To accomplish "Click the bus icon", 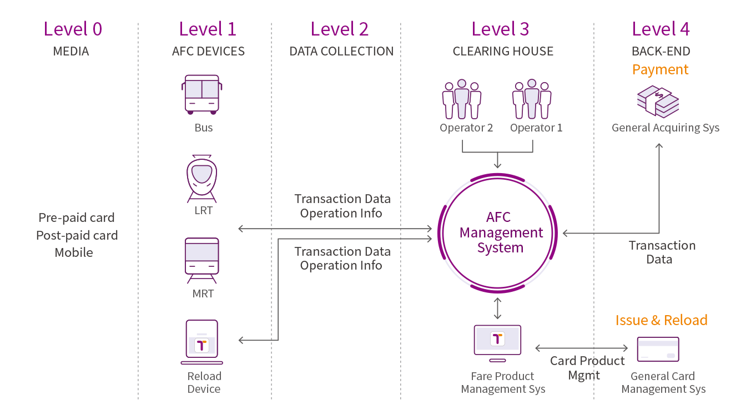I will click(202, 94).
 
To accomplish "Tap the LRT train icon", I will click(202, 178).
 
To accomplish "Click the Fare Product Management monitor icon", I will click(497, 340).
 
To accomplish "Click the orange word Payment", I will click(661, 70).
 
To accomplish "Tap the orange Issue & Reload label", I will click(661, 320).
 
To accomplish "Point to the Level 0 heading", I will click(73, 29).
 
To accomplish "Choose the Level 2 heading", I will click(340, 29).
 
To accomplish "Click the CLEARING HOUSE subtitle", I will click(503, 52).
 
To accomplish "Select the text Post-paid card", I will click(77, 235).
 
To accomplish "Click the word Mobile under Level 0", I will click(74, 252).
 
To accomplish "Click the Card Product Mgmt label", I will click(587, 368).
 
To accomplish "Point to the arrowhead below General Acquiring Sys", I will click(659, 145).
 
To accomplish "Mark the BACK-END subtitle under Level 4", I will click(661, 52).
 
